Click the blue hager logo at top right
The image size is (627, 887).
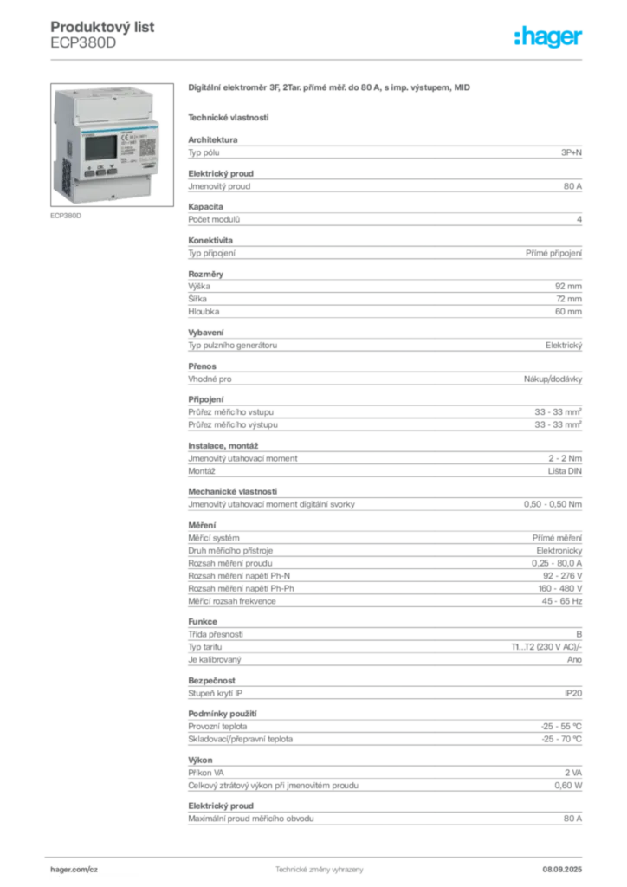click(550, 39)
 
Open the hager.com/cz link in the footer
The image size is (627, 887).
click(77, 867)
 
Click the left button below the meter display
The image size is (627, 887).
click(89, 172)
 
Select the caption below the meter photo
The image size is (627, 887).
click(66, 217)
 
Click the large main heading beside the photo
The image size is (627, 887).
click(329, 90)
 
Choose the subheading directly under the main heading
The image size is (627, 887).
click(229, 117)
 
